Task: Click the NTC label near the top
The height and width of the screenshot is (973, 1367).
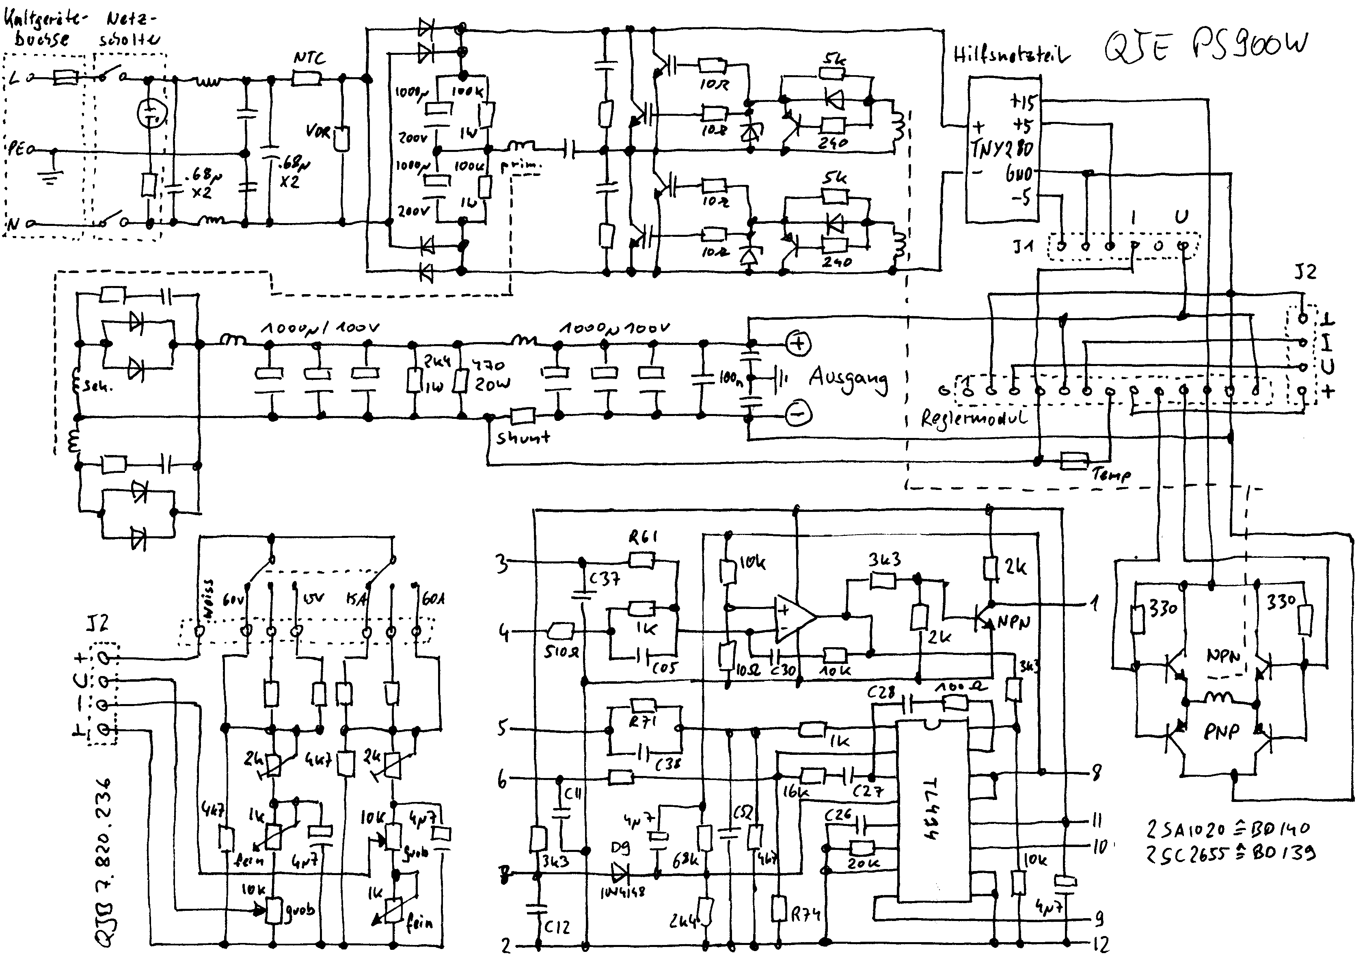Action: pos(309,58)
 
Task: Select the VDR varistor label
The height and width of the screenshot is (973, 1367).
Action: pos(317,130)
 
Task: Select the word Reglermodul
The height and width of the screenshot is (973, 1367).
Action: pos(974,418)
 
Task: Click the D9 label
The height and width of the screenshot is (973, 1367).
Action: pos(620,848)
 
